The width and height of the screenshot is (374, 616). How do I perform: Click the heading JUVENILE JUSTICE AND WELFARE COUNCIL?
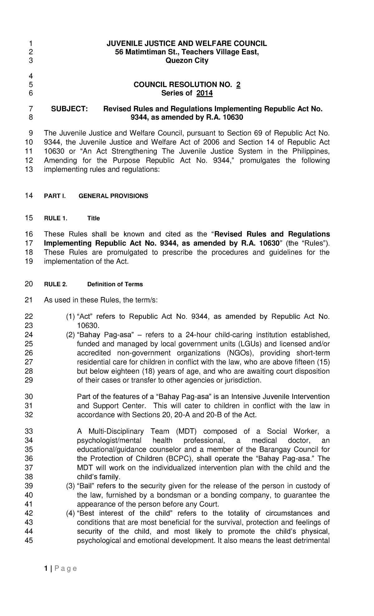[187, 43]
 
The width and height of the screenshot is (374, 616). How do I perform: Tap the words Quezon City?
[187, 60]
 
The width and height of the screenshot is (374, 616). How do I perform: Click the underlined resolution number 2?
[238, 85]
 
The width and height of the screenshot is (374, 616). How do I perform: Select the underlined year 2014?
[204, 93]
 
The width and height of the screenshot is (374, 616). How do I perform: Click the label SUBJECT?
[70, 109]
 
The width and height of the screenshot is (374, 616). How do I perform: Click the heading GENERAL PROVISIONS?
[113, 196]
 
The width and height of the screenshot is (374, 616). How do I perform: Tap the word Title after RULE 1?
[93, 218]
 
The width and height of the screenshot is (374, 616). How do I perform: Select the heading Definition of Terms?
[115, 284]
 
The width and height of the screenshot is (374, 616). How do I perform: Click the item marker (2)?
[70, 335]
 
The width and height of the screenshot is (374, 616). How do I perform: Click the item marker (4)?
[70, 513]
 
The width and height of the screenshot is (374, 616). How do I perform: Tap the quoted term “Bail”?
[85, 486]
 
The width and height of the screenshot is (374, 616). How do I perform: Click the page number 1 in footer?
[46, 569]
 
